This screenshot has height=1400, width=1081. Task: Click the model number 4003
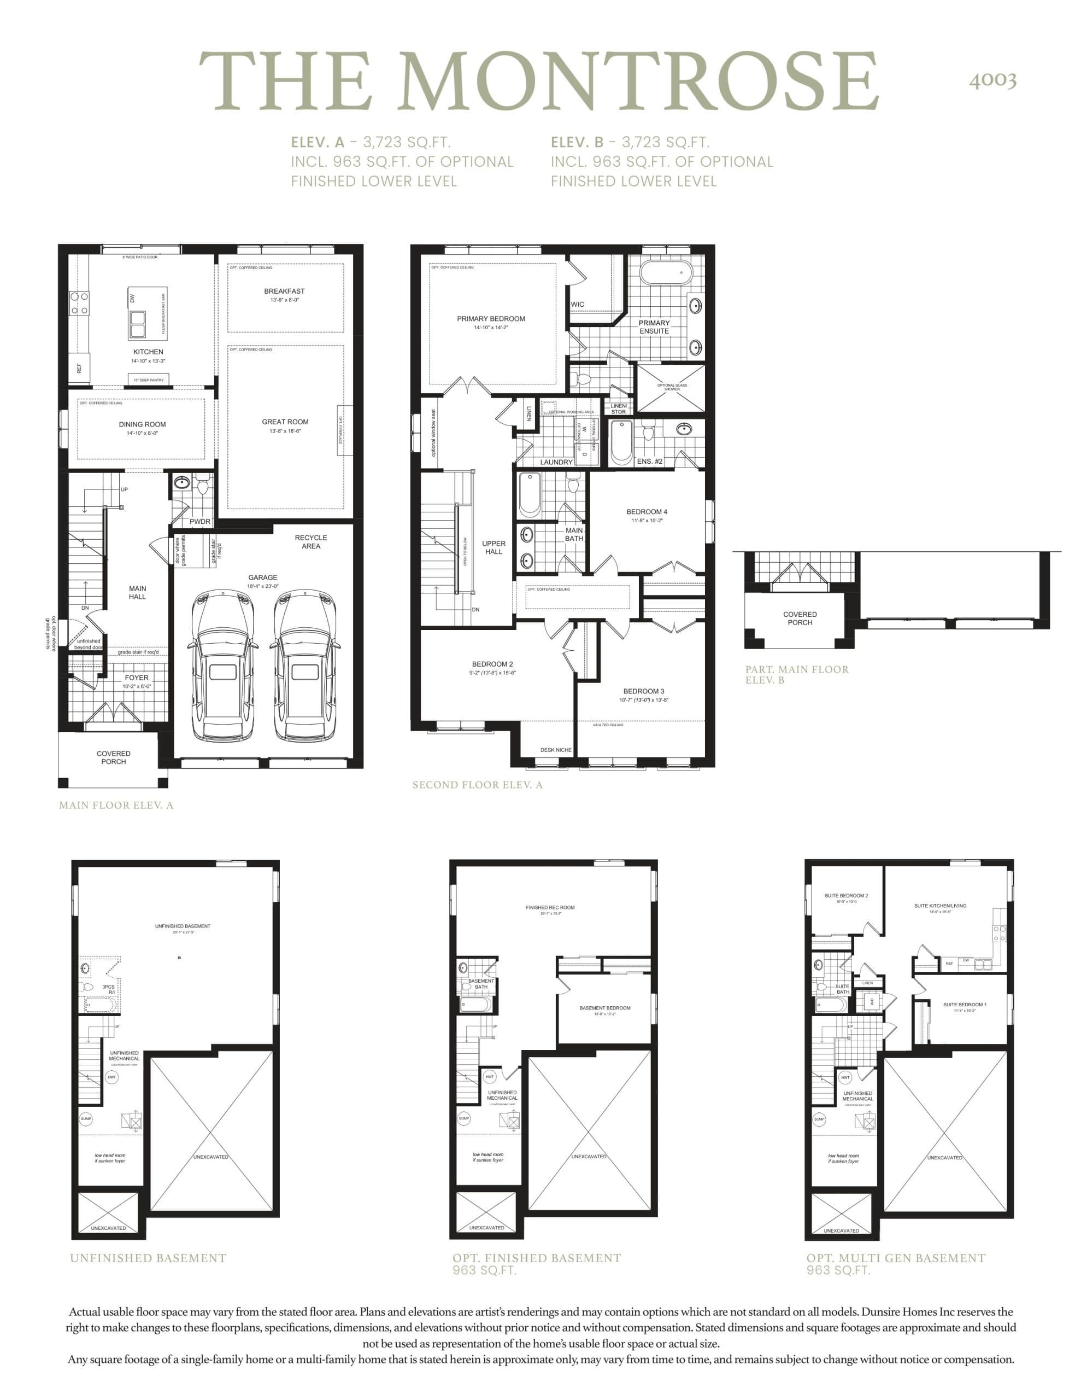992,80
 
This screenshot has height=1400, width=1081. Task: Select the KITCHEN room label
148,352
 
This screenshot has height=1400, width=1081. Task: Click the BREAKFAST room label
285,291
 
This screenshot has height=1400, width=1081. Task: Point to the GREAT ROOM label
285,422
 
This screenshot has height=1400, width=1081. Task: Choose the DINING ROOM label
142,424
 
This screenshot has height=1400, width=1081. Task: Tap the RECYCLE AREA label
311,541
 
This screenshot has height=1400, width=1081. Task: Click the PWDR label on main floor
200,521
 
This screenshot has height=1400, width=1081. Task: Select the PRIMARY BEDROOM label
491,319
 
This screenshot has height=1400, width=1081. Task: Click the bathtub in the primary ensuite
666,272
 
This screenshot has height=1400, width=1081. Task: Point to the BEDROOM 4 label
647,511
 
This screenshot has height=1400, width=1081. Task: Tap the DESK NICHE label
556,749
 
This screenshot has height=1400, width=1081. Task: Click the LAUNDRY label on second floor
556,462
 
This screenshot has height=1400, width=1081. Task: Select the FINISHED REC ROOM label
550,907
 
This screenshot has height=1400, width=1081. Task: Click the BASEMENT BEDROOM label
605,1008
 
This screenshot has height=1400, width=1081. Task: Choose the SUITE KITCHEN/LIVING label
940,906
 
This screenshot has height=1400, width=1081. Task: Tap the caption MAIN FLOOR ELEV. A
116,805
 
